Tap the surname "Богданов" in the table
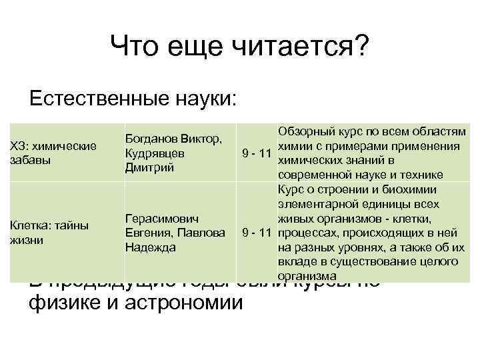(151, 139)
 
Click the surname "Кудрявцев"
(155, 153)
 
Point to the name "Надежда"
(151, 247)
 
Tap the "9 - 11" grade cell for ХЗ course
(256, 154)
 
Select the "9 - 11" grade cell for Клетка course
(256, 233)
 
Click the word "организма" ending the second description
(307, 275)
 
